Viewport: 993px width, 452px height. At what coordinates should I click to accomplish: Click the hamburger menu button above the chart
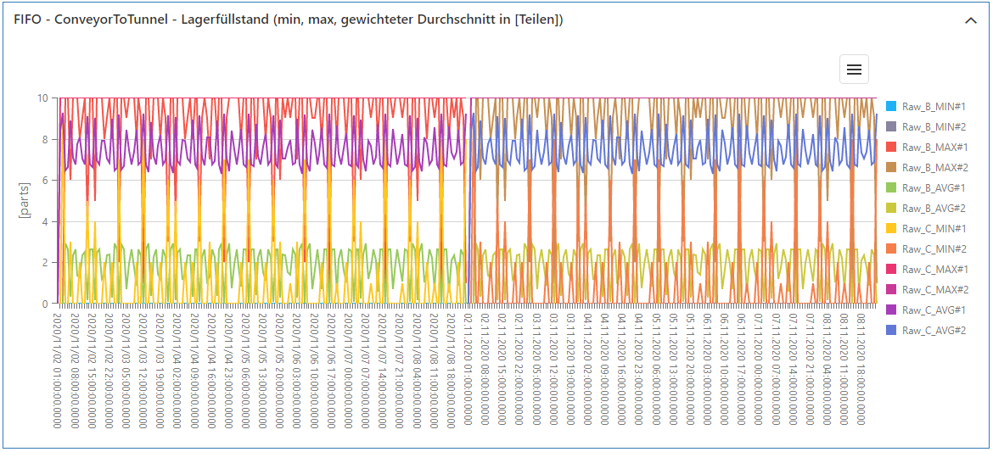click(854, 70)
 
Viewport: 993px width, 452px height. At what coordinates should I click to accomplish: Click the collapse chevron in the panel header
click(971, 21)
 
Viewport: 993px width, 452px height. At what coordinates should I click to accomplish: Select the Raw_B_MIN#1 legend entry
click(933, 106)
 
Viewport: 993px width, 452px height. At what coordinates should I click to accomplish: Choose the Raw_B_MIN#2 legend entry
click(933, 126)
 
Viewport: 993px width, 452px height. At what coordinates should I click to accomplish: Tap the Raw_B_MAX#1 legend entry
click(934, 147)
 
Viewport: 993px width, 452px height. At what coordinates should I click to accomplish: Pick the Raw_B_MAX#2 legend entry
click(934, 167)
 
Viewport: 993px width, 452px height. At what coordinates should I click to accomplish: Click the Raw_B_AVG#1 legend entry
click(933, 187)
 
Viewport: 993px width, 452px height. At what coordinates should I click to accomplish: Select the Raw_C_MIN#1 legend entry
click(933, 228)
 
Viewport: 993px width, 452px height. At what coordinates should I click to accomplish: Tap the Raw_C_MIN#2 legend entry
click(933, 248)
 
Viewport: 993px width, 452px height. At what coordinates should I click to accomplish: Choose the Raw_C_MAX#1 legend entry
click(934, 269)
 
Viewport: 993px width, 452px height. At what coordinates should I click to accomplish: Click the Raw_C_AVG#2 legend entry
click(933, 330)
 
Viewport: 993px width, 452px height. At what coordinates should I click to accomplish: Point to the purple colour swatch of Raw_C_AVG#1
click(891, 310)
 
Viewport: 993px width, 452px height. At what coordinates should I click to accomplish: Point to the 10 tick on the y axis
click(42, 98)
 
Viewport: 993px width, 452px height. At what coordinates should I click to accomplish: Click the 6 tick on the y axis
click(44, 181)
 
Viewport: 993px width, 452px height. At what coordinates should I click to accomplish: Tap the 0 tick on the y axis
click(44, 304)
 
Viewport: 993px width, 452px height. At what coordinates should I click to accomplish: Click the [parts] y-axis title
click(24, 200)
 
